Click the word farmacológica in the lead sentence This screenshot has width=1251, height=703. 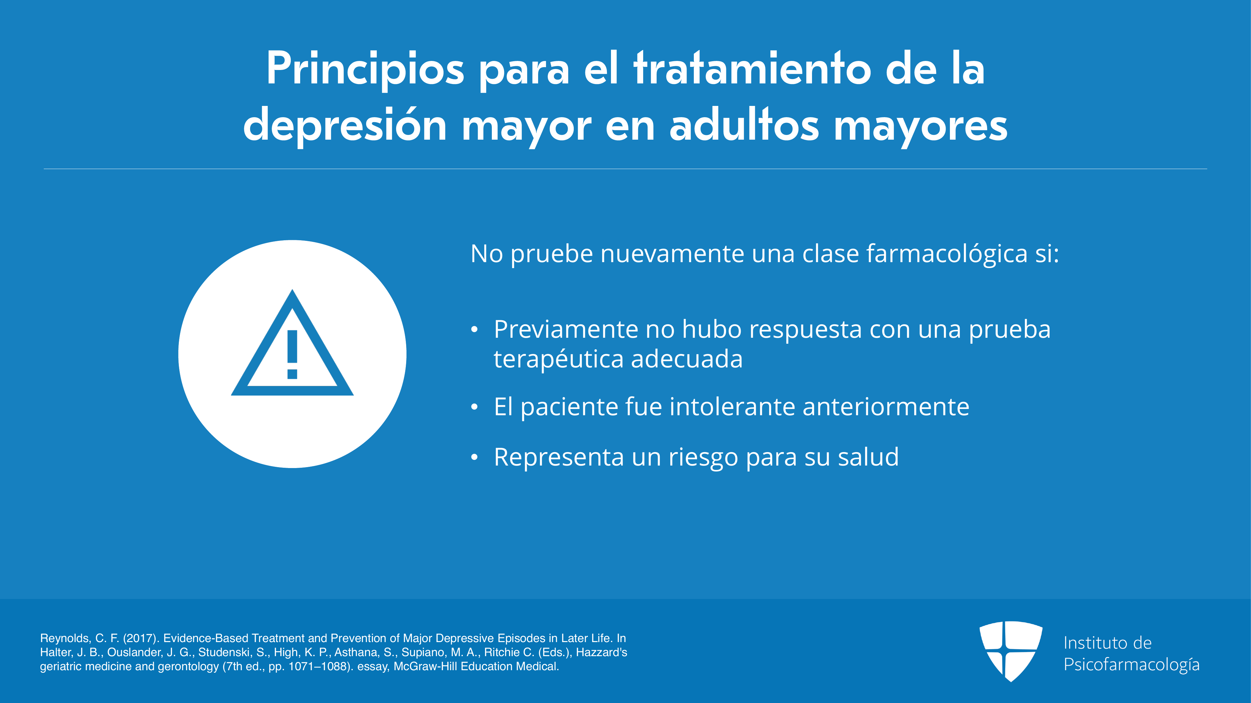pos(947,254)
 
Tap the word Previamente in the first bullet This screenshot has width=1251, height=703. pos(566,329)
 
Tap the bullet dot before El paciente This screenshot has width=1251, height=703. pos(474,407)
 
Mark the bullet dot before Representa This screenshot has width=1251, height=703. pos(474,457)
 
